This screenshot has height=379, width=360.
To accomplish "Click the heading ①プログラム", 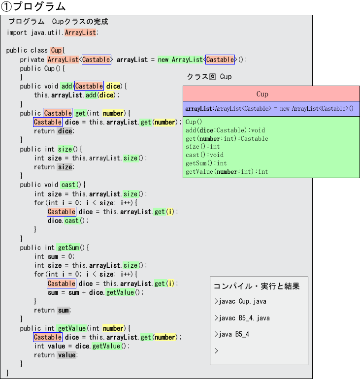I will click(x=33, y=6).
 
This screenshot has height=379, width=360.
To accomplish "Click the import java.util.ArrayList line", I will click(x=53, y=32).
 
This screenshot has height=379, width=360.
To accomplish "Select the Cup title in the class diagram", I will click(x=262, y=94).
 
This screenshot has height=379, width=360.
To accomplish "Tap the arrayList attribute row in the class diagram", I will click(x=269, y=108).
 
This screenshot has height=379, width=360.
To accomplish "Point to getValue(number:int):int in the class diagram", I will click(x=227, y=172).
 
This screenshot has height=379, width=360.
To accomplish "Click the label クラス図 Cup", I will click(x=209, y=77).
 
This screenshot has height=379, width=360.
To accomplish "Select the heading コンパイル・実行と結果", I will click(x=256, y=286).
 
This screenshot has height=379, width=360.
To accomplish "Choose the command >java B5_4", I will click(x=232, y=334).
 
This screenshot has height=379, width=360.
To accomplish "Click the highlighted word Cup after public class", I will click(x=56, y=51).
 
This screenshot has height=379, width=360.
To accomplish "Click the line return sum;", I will click(x=53, y=310).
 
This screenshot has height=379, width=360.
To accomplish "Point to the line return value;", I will click(x=55, y=355).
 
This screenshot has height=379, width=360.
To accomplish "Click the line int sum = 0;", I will click(x=54, y=256).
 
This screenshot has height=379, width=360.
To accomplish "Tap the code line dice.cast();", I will click(x=68, y=221).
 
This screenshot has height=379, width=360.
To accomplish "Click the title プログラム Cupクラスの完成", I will click(x=58, y=22).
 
